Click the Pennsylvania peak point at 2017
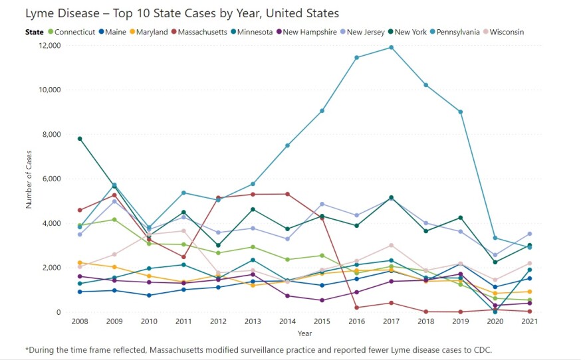pos(391,47)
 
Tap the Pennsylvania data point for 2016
pos(357,58)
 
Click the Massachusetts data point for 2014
pos(287,194)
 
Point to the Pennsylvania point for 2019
pos(460,112)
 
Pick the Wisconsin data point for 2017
pos(391,245)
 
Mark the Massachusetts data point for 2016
pos(357,308)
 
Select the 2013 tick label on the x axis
pos(253,322)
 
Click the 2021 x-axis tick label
pos(529,322)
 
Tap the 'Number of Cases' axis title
pos(29,179)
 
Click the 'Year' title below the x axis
pos(304,333)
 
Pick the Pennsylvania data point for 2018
pos(425,85)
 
